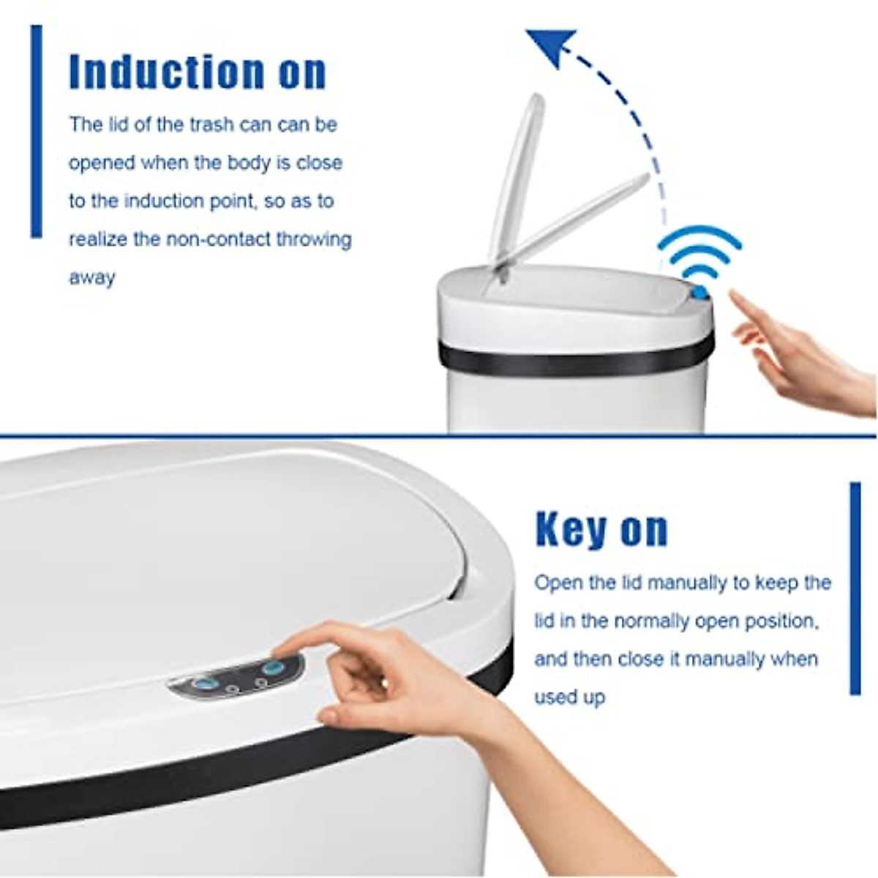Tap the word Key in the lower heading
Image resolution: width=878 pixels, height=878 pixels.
click(x=570, y=529)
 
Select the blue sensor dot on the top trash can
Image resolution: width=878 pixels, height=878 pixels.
click(x=699, y=293)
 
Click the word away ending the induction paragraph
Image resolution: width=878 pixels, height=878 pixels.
click(x=92, y=277)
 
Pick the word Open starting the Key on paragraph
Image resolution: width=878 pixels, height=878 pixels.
click(x=558, y=583)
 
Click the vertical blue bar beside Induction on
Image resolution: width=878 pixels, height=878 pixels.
click(x=37, y=132)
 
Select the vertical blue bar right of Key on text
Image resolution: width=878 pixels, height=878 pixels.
click(x=855, y=588)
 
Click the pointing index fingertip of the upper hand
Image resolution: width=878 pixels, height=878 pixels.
click(x=735, y=296)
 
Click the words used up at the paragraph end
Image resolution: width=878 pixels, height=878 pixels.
click(x=569, y=697)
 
